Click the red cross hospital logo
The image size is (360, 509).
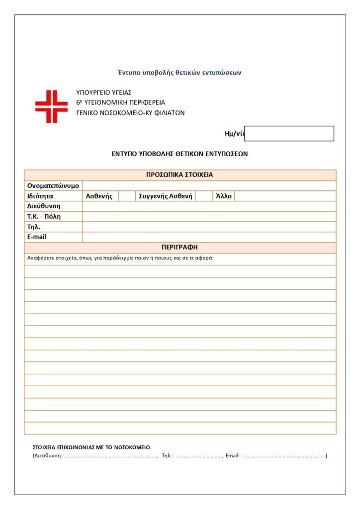pyautogui.click(x=51, y=106)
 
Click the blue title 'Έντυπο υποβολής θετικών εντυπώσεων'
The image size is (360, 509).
pyautogui.click(x=180, y=73)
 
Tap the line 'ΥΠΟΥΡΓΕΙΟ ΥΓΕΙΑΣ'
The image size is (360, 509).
pyautogui.click(x=104, y=92)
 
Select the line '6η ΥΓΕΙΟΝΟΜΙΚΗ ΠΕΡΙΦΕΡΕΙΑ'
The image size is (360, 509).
pyautogui.click(x=121, y=102)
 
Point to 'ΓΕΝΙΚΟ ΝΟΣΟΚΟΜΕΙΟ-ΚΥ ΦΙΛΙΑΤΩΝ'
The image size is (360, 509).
pyautogui.click(x=130, y=113)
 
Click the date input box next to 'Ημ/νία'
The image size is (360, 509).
pyautogui.click(x=289, y=133)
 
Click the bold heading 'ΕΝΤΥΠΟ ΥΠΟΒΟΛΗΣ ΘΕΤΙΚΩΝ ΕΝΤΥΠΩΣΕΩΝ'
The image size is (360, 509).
pyautogui.click(x=180, y=154)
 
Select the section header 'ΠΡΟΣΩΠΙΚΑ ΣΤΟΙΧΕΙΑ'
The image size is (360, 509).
pyautogui.click(x=180, y=175)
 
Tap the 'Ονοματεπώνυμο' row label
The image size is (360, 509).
pyautogui.click(x=53, y=186)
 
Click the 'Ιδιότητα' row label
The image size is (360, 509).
pyautogui.click(x=40, y=196)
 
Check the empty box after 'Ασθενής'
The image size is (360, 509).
pyautogui.click(x=127, y=196)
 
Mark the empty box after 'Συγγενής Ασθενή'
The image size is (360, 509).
pyautogui.click(x=204, y=196)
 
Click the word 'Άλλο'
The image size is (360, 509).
pyautogui.click(x=224, y=196)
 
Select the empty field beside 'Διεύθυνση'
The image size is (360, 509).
pyautogui.click(x=209, y=206)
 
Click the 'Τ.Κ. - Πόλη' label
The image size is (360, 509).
pyautogui.click(x=47, y=217)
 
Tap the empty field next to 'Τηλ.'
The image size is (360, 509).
pyautogui.click(x=209, y=227)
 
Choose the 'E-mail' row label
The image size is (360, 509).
pyautogui.click(x=37, y=237)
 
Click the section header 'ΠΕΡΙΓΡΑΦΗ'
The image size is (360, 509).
pyautogui.click(x=180, y=248)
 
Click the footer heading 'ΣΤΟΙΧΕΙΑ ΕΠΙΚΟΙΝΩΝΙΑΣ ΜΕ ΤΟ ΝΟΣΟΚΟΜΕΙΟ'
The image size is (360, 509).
pyautogui.click(x=92, y=447)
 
